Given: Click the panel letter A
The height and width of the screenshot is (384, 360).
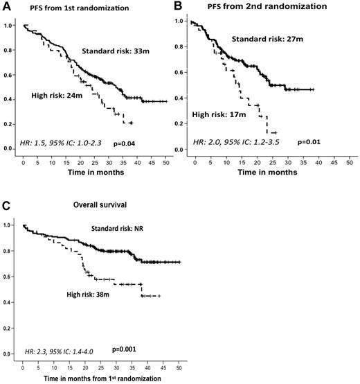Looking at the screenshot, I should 6,7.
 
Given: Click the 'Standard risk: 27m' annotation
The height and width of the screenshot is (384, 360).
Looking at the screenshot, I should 264,38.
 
